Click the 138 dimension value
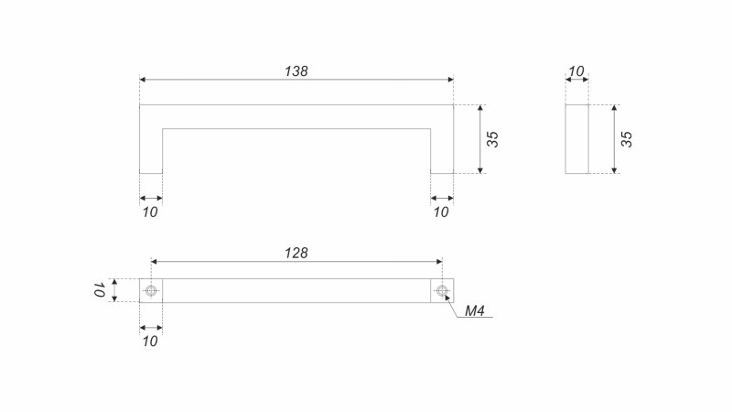pos(296,70)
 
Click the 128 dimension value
pos(296,253)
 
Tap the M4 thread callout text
pos(474,311)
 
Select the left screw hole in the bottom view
pos(151,291)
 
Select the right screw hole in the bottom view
pos(443,291)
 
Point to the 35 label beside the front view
pos(492,139)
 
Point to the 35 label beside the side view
pos(627,139)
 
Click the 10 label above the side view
pos(576,71)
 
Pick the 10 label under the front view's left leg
pos(151,211)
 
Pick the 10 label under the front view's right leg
pos(441,211)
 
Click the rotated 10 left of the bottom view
pos(97,291)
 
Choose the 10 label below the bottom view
pos(151,341)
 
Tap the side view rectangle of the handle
pos(576,139)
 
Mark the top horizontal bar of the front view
pos(296,116)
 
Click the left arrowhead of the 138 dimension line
pos(144,81)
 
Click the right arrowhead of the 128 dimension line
pos(437,262)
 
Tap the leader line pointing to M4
pos(452,306)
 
